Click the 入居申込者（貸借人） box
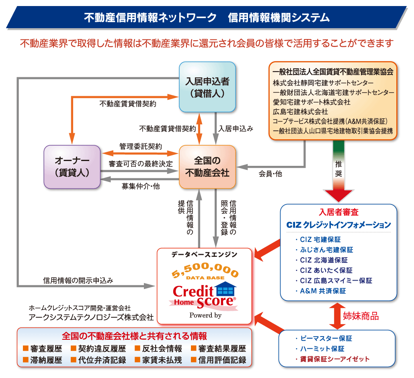(207, 87)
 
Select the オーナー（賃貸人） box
(72, 167)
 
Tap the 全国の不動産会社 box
(207, 167)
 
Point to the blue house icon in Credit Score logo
(226, 288)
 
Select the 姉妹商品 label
(361, 316)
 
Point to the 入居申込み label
(236, 129)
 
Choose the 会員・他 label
(270, 174)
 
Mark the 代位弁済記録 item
(98, 360)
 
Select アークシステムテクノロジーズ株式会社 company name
(91, 317)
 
